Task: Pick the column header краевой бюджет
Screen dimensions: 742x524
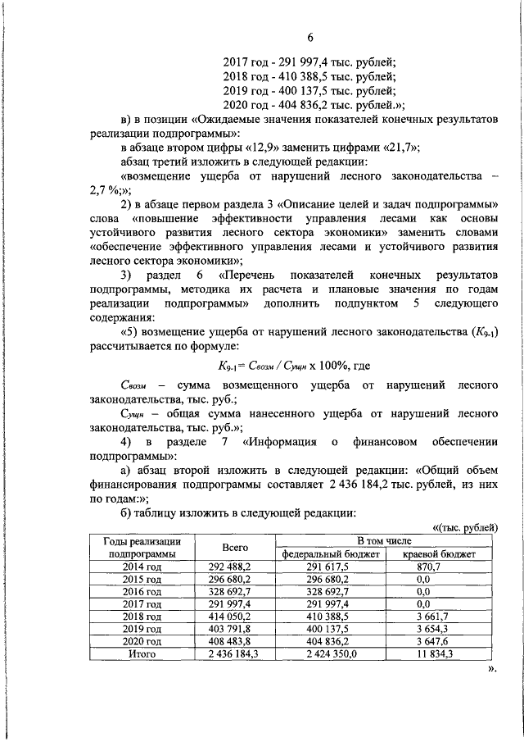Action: click(440, 554)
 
